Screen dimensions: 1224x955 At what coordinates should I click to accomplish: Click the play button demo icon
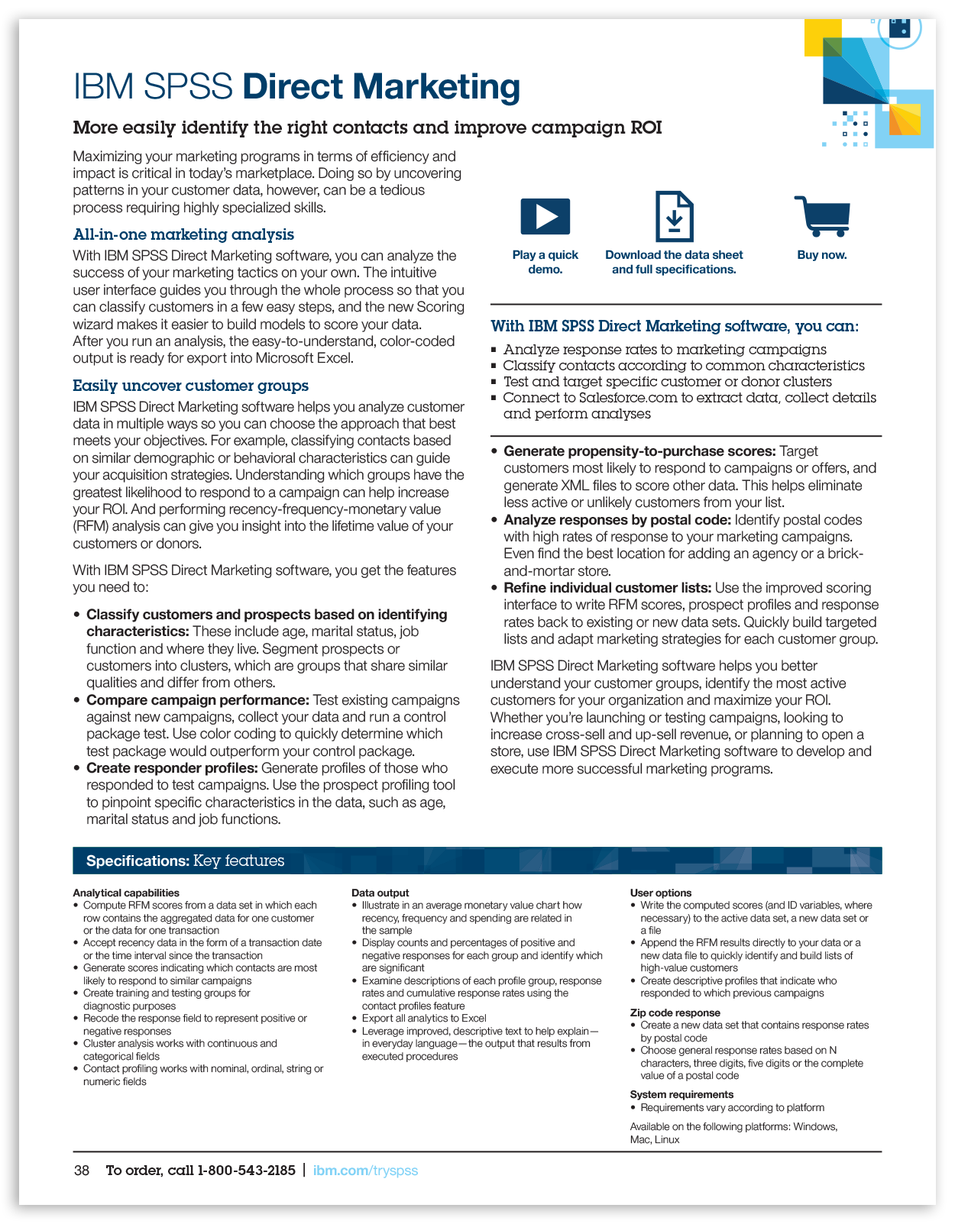pyautogui.click(x=545, y=216)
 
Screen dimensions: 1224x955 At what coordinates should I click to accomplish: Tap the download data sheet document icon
pyautogui.click(x=674, y=216)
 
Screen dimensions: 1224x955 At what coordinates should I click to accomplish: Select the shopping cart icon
pyautogui.click(x=822, y=216)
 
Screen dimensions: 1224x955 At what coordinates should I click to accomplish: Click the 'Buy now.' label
pyautogui.click(x=822, y=255)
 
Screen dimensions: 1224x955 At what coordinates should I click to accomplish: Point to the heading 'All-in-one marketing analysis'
pyautogui.click(x=183, y=234)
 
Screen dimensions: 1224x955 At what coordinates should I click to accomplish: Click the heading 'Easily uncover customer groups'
pyautogui.click(x=190, y=386)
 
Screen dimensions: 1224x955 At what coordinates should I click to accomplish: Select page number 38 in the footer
pyautogui.click(x=82, y=1171)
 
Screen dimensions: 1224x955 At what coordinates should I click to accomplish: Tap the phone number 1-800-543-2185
pyautogui.click(x=246, y=1171)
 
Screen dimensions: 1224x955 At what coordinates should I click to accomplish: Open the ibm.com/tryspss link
pyautogui.click(x=365, y=1171)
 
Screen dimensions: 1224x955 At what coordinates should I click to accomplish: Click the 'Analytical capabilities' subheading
pyautogui.click(x=126, y=893)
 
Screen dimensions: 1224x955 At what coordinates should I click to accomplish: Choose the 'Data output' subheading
pyautogui.click(x=380, y=893)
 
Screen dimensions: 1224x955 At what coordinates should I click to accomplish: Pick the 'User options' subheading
pyautogui.click(x=660, y=893)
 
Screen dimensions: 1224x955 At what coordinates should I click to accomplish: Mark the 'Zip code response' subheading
pyautogui.click(x=675, y=1012)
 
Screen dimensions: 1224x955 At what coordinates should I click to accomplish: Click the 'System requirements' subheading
pyautogui.click(x=681, y=1094)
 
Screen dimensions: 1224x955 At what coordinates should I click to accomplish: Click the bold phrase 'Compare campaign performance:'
pyautogui.click(x=197, y=700)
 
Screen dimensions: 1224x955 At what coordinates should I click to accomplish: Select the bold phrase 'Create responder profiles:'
pyautogui.click(x=171, y=768)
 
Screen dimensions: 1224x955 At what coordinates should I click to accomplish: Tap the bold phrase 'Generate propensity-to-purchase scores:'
pyautogui.click(x=639, y=451)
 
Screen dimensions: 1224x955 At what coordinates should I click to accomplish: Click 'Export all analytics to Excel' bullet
pyautogui.click(x=424, y=1018)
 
